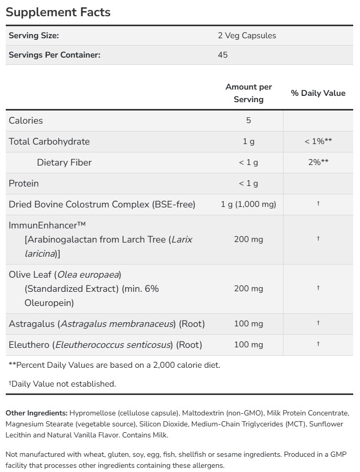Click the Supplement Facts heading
click(x=58, y=12)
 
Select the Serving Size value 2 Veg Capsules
click(x=247, y=36)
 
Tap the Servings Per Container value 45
click(x=223, y=54)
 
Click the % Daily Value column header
click(x=318, y=93)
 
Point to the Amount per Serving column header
click(x=248, y=93)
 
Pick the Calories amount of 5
click(x=248, y=120)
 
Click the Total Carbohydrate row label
click(x=49, y=141)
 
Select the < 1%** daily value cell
click(x=318, y=141)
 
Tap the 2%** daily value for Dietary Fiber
click(x=318, y=162)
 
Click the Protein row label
click(x=24, y=183)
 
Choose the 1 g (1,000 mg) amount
click(x=248, y=204)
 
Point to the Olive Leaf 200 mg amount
click(x=248, y=289)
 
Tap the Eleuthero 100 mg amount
click(x=248, y=345)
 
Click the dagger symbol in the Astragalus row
click(x=318, y=323)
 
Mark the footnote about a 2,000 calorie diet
click(x=114, y=365)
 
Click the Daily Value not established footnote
click(x=62, y=384)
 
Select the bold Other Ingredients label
click(x=37, y=413)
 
